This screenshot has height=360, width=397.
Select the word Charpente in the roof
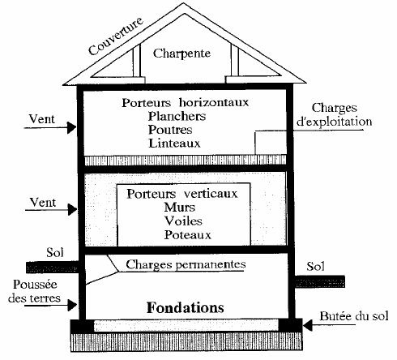pyautogui.click(x=185, y=54)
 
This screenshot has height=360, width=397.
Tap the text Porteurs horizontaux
pyautogui.click(x=185, y=104)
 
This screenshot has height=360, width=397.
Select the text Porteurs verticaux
pyautogui.click(x=182, y=195)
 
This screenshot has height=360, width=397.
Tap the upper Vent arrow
pyautogui.click(x=61, y=126)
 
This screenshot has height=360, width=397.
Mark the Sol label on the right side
pyautogui.click(x=316, y=266)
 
